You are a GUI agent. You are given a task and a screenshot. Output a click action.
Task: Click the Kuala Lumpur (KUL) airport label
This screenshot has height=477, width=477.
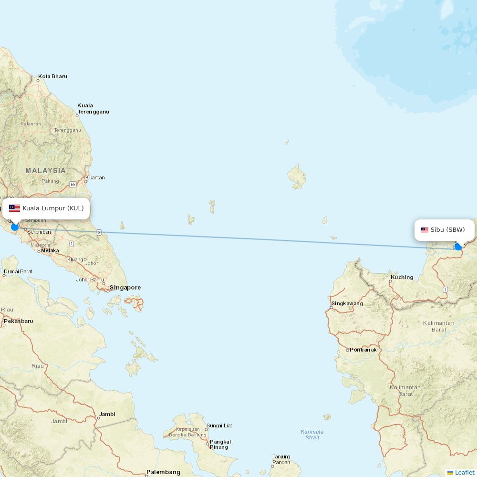[53, 208]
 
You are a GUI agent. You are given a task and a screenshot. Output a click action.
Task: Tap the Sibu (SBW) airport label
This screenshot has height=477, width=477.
[447, 230]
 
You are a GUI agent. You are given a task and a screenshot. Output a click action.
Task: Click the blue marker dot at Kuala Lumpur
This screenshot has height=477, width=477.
[15, 227]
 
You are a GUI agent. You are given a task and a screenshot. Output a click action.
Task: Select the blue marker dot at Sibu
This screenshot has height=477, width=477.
[458, 247]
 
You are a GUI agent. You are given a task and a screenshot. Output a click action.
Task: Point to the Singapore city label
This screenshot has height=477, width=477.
[125, 288]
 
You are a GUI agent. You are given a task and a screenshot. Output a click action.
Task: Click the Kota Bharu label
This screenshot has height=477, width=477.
[52, 76]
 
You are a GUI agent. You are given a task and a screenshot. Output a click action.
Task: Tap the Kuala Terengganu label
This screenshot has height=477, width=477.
[93, 109]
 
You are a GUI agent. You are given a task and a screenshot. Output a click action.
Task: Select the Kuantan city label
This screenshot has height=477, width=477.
[95, 178]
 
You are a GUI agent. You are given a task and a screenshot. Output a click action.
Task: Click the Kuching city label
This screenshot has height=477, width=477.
[402, 277]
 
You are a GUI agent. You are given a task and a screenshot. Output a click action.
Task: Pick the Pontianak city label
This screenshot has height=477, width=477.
[363, 350]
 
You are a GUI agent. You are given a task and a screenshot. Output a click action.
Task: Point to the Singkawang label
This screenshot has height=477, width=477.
[347, 303]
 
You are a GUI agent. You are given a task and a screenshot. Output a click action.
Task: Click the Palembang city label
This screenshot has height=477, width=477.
[163, 472]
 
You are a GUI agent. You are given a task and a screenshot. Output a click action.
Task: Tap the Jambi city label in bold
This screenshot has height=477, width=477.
[107, 414]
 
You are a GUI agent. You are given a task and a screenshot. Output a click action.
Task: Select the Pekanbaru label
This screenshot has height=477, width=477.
[18, 321]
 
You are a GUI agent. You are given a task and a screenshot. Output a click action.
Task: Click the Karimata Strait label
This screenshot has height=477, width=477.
[312, 434]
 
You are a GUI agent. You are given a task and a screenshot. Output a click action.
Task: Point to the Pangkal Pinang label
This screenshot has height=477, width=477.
[220, 444]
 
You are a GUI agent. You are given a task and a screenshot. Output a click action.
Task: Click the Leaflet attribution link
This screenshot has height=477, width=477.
[464, 472]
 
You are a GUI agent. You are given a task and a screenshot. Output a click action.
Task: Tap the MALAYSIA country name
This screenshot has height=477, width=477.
[45, 171]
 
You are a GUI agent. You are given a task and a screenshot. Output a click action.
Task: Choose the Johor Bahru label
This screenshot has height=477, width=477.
[90, 280]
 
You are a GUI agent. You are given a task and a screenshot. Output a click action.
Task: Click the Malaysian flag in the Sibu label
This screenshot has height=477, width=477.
[425, 230]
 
